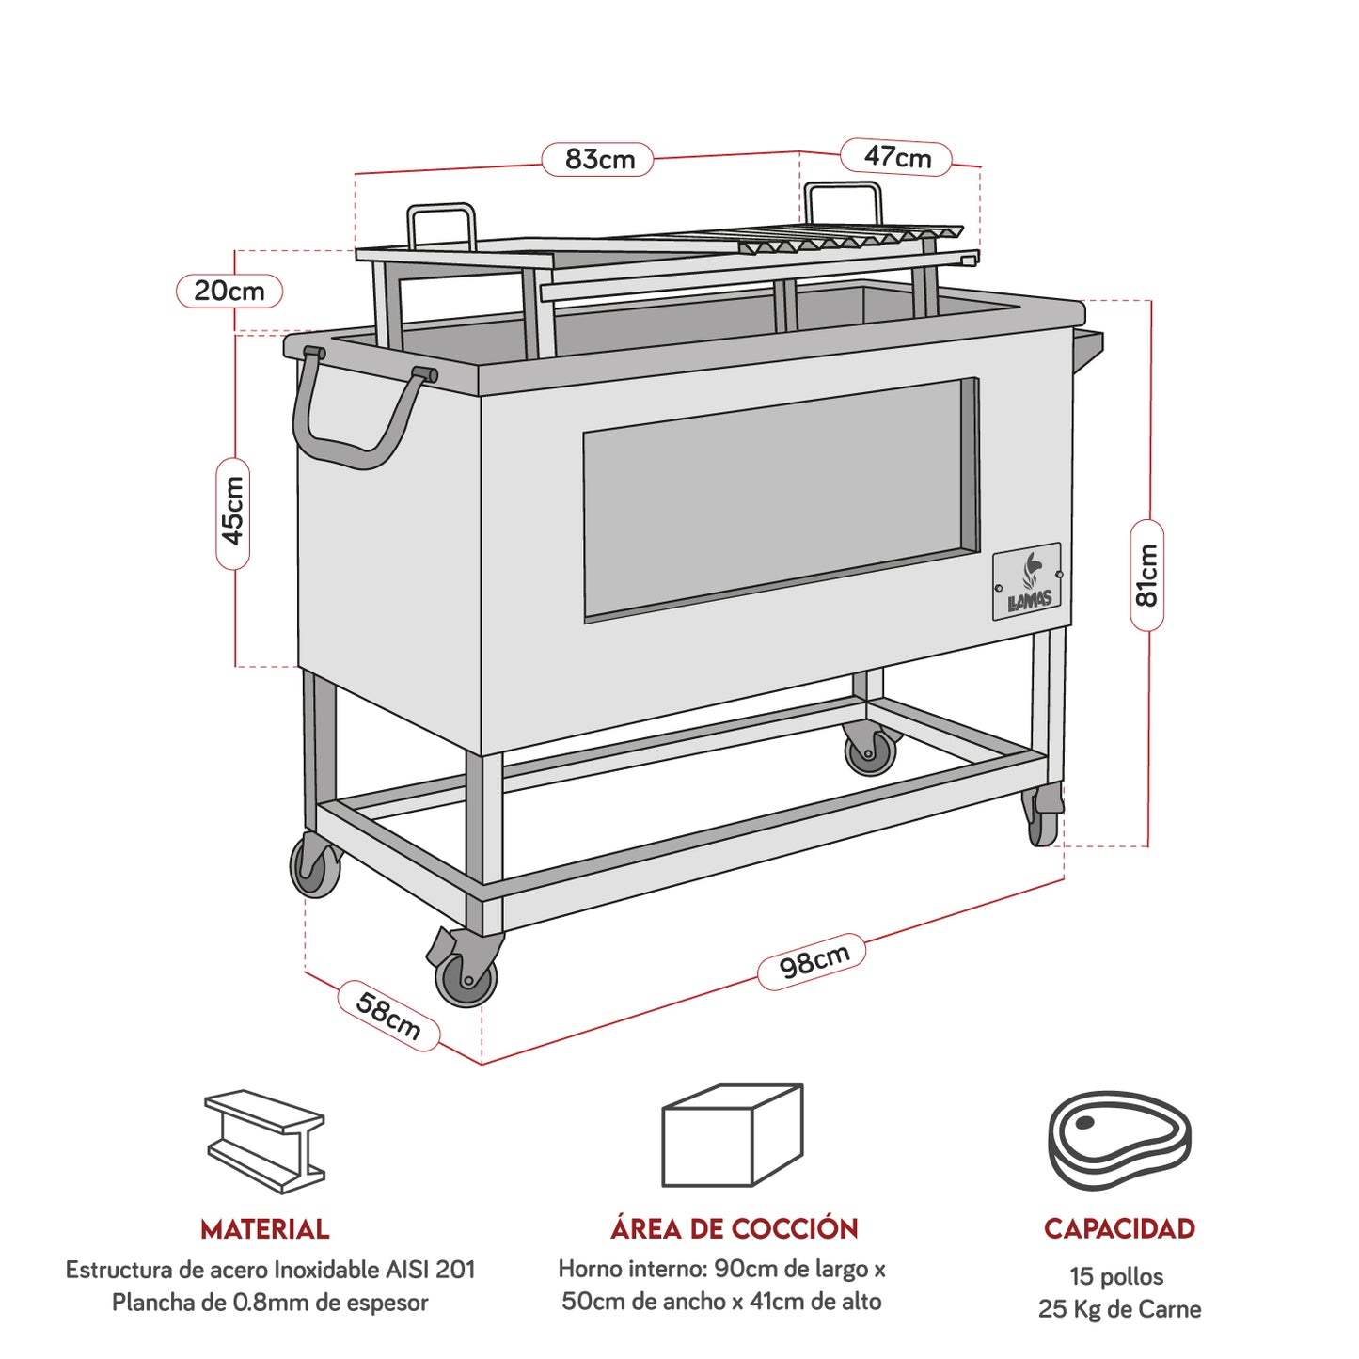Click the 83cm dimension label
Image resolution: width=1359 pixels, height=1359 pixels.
598,159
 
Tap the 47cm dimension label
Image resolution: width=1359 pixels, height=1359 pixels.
896,157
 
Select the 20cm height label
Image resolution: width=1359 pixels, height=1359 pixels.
229,291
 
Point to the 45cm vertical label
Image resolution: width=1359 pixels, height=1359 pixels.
233,513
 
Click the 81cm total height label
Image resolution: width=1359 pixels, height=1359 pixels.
1146,575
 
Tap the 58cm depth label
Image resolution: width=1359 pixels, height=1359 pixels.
388,1016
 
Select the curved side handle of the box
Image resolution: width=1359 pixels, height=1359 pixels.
357,414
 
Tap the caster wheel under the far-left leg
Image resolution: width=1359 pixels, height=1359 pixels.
315,866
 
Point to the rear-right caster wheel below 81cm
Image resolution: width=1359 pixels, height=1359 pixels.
1043,818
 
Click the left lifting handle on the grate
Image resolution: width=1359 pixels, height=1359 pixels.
440,226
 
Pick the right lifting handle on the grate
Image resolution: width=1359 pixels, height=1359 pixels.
844,203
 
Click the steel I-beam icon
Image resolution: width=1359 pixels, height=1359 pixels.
264,1141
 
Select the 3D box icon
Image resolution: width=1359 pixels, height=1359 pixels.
732,1135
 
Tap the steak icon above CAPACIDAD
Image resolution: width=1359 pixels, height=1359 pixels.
1119,1140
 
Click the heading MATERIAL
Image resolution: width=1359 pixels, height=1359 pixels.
264,1229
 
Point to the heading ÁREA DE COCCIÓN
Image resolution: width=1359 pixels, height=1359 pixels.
734,1228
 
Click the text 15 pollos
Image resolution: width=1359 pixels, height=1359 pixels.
1116,1276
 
